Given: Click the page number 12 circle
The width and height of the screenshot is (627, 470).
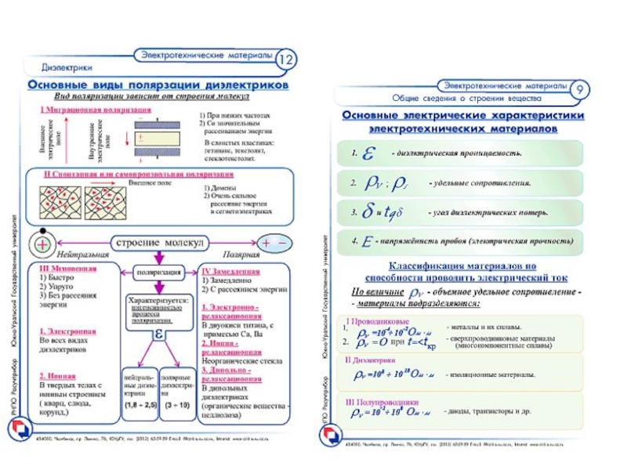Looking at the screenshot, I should (288, 60).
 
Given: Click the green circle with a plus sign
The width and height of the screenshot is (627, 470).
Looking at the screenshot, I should (42, 244).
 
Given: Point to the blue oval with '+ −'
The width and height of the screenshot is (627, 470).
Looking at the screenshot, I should (274, 243).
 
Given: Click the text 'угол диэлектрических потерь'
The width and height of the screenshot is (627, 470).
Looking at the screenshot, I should (487, 212).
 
